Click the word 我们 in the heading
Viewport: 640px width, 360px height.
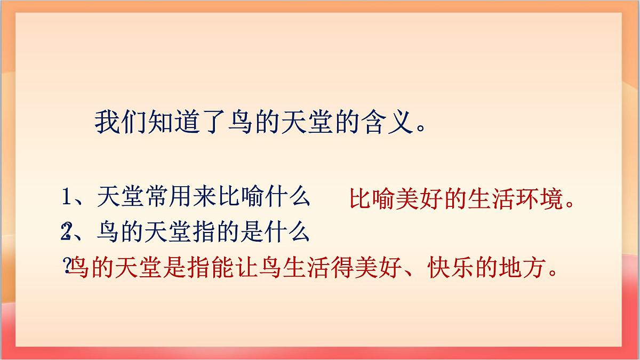(x=117, y=123)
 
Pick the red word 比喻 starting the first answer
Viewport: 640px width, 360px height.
(x=373, y=200)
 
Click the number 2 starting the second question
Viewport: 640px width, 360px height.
(x=67, y=232)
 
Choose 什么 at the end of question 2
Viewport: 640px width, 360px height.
(x=288, y=232)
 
